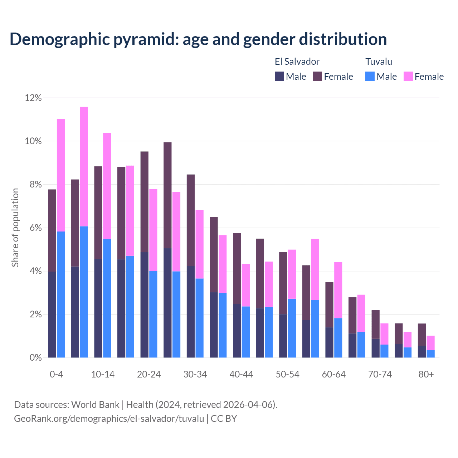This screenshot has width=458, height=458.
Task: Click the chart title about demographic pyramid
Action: tap(198, 39)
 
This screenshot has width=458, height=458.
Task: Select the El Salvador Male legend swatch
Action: tap(279, 76)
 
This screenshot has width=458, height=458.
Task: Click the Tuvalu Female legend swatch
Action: tap(408, 76)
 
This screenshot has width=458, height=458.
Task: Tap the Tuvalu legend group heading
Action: tap(379, 62)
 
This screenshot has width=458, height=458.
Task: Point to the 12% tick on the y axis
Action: tap(33, 98)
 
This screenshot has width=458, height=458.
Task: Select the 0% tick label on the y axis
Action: tap(35, 358)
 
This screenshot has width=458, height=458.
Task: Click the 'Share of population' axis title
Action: tap(15, 228)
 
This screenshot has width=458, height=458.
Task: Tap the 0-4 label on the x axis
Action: tap(57, 374)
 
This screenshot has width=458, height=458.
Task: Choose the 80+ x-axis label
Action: tap(426, 374)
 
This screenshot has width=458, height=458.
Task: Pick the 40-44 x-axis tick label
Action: tap(241, 374)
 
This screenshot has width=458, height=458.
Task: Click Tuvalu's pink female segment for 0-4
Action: tap(61, 175)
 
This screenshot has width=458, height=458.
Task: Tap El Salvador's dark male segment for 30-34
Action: tap(191, 312)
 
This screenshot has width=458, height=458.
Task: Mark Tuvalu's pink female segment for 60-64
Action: tap(338, 290)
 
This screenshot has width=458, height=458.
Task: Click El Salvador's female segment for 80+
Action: tap(422, 335)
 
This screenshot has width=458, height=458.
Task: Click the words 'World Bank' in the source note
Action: tap(95, 405)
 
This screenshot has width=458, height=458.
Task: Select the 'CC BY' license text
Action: tap(224, 419)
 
